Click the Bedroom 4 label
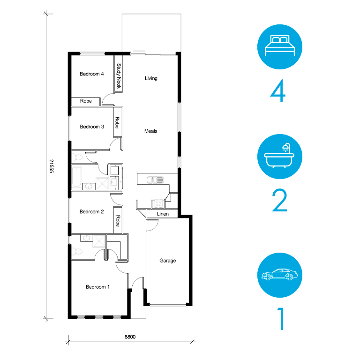(x=91, y=74)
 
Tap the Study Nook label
(x=119, y=76)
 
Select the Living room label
(x=151, y=78)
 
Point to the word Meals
(x=151, y=131)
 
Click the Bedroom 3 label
(x=92, y=127)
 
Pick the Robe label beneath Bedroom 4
(x=86, y=101)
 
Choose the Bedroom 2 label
(x=91, y=212)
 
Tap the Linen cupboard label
(x=163, y=214)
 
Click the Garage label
(x=168, y=261)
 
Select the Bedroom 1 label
(x=97, y=287)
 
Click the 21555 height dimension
(x=52, y=166)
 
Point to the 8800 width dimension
(x=130, y=337)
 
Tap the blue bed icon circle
(x=280, y=47)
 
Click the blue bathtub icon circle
(x=280, y=157)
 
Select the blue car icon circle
(x=280, y=275)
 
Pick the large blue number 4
(x=278, y=90)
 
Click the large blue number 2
(x=279, y=201)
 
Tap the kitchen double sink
(x=155, y=180)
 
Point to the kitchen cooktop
(x=158, y=203)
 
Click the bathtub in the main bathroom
(x=76, y=177)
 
